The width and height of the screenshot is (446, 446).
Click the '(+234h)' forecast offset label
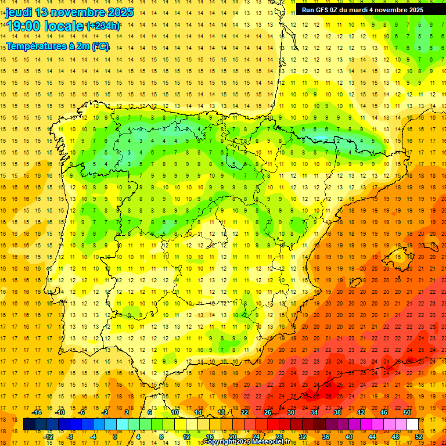point(103,26)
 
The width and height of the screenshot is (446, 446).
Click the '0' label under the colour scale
point(115,437)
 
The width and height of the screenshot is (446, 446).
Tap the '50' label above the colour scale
point(408,412)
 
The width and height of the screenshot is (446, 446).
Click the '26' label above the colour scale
point(268,412)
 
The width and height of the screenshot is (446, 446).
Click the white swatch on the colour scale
point(412,425)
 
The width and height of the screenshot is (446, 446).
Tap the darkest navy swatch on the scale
point(29,425)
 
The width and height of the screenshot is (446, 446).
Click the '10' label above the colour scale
point(175,412)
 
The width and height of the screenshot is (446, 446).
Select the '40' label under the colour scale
point(348,437)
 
